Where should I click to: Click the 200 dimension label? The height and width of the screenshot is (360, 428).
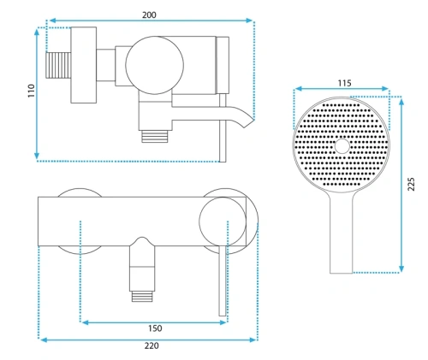(x=149, y=15)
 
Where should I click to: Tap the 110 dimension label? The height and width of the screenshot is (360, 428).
(x=31, y=91)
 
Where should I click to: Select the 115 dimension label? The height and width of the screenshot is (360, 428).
(x=345, y=83)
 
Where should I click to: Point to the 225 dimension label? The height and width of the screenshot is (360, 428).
(x=411, y=184)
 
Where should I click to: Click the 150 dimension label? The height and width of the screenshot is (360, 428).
(x=155, y=328)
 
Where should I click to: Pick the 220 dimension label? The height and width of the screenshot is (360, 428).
(x=152, y=345)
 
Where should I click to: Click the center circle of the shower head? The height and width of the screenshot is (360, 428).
(x=342, y=146)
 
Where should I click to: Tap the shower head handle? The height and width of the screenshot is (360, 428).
(x=342, y=233)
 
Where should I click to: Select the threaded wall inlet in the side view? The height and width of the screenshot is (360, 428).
(x=58, y=65)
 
